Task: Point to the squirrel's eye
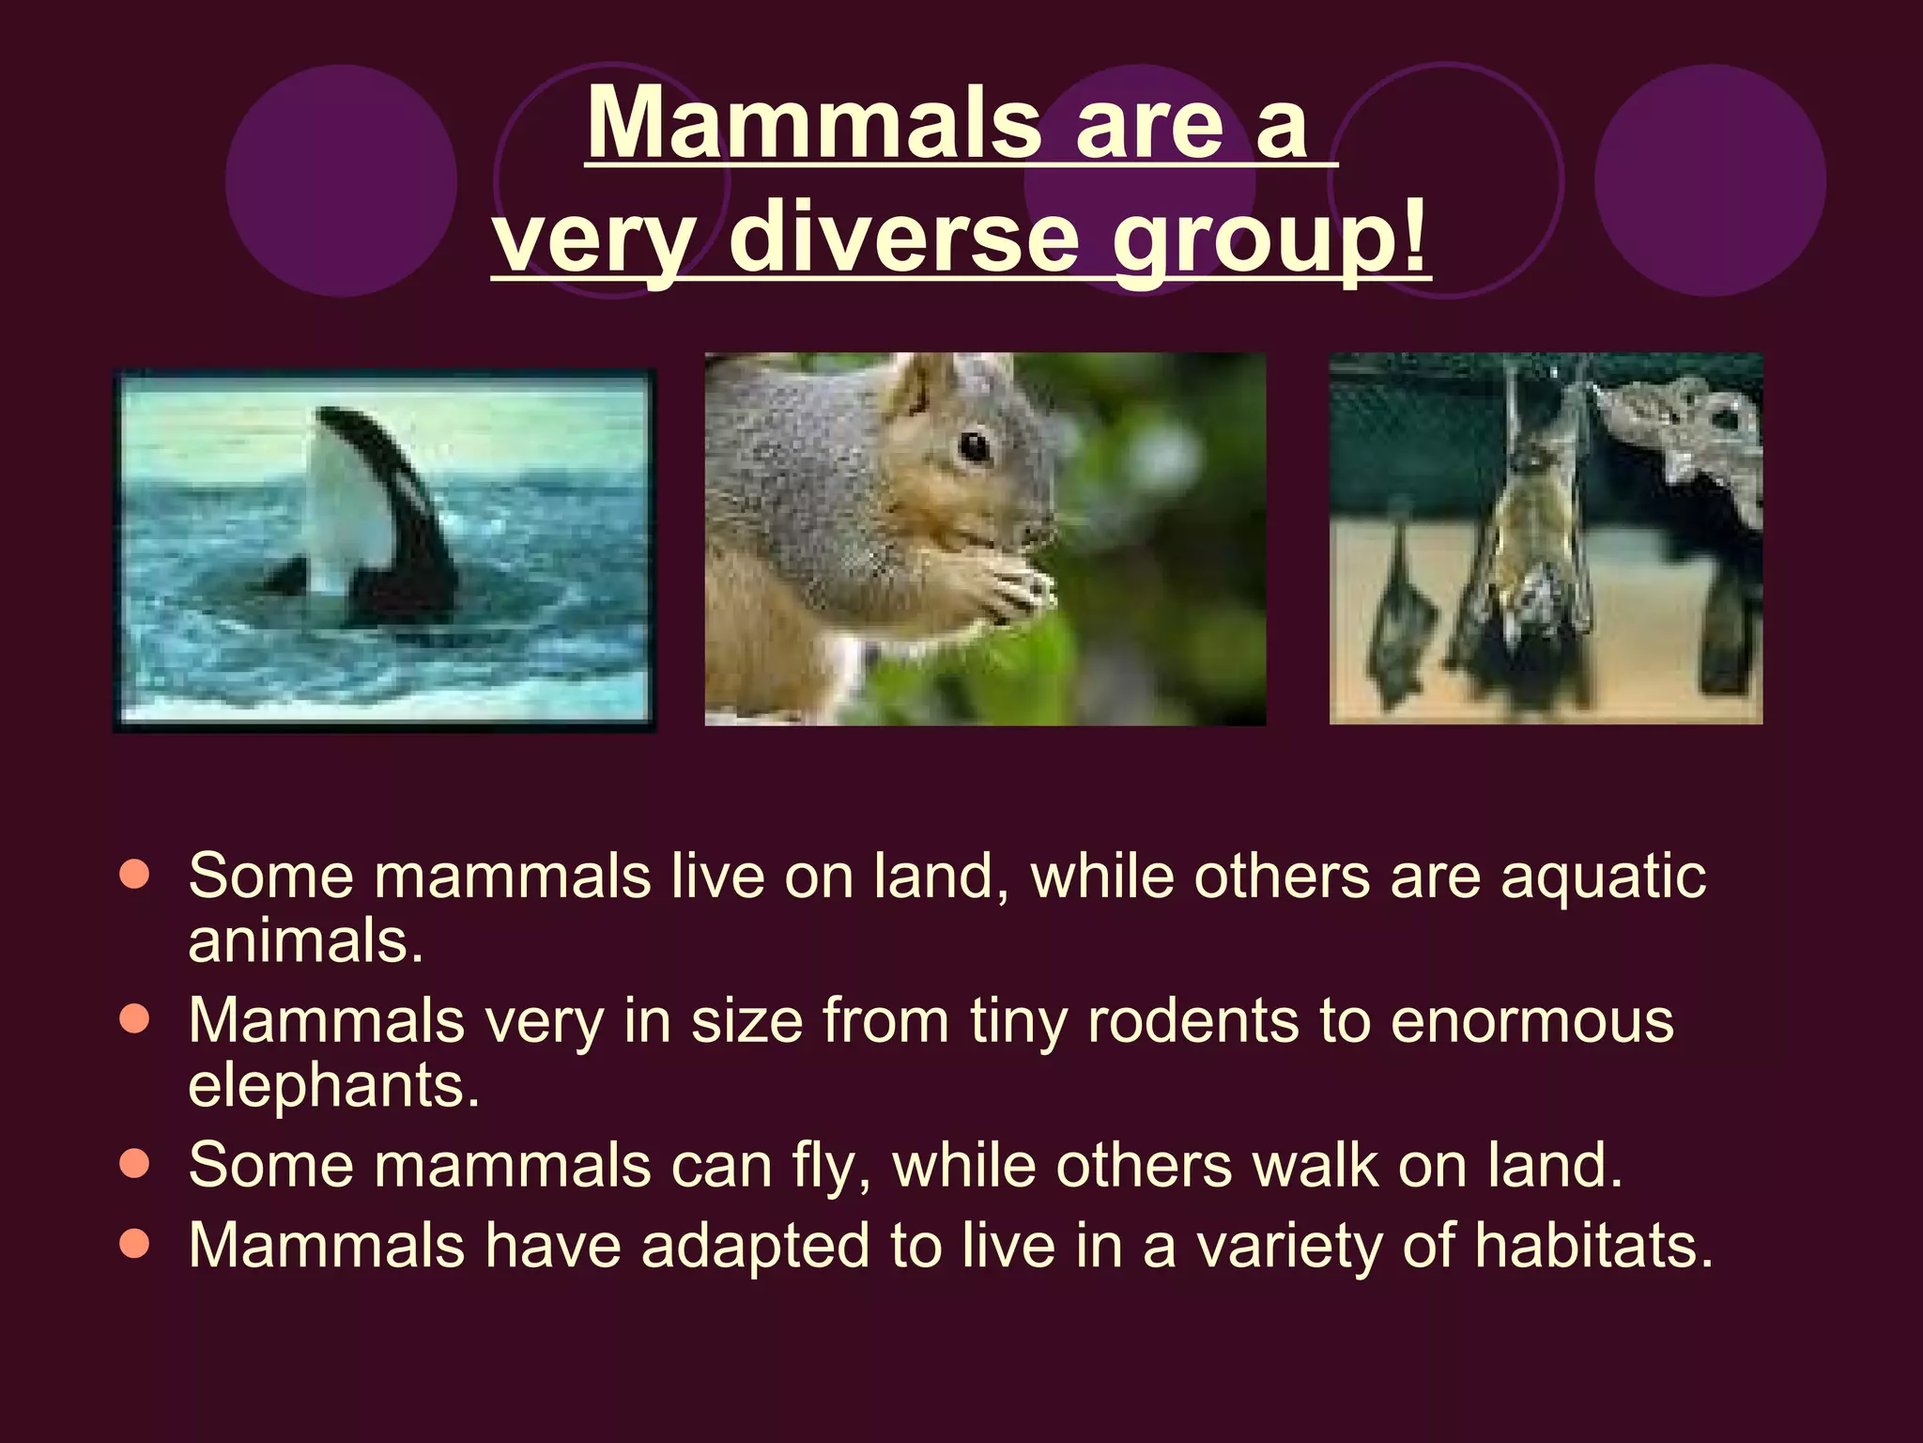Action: (974, 446)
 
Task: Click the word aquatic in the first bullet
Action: (1603, 877)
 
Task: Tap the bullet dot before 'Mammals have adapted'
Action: (135, 1245)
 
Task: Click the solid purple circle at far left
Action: (341, 180)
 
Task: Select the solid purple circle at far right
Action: (1710, 180)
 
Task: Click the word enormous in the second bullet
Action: (1531, 1020)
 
